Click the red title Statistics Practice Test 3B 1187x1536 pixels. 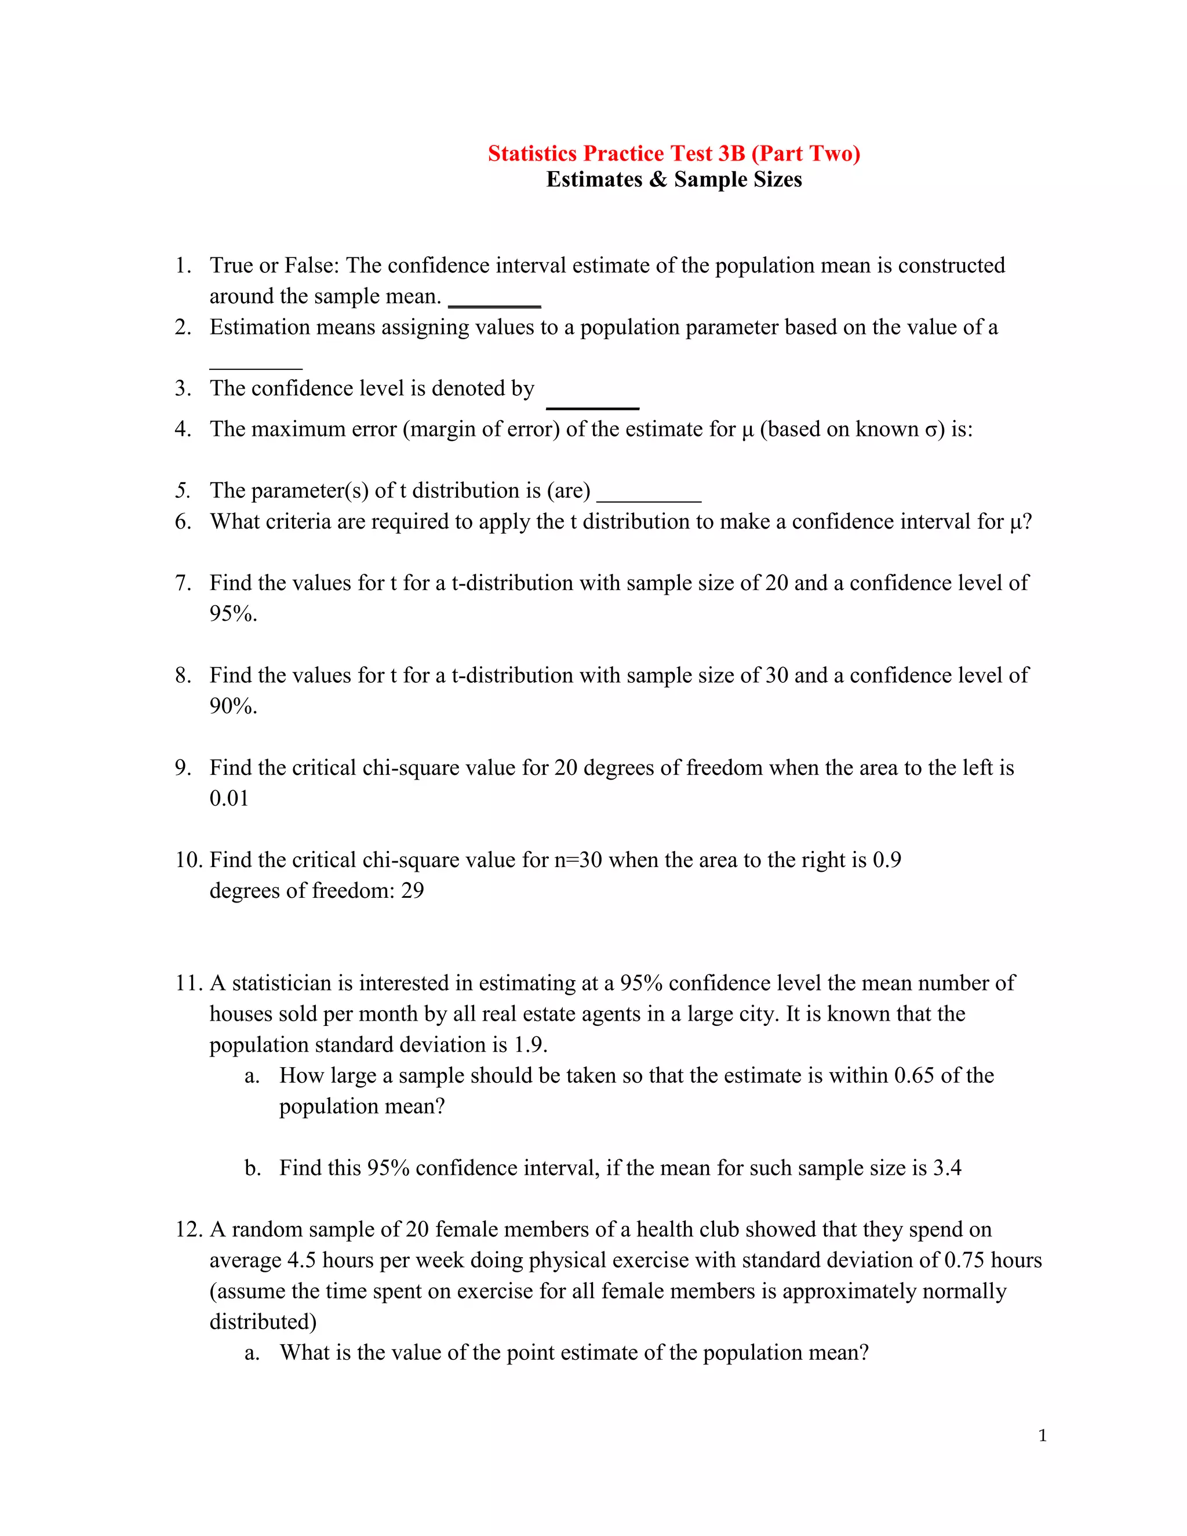673,154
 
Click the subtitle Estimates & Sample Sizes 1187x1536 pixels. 673,179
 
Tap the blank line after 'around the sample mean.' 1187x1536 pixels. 494,304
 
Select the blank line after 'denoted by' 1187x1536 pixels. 592,406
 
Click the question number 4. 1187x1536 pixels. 182,429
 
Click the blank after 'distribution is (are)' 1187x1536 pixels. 649,498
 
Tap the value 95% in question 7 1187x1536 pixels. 233,614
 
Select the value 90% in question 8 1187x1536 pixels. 233,706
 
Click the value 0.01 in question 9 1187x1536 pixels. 230,798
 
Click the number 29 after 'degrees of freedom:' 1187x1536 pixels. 413,891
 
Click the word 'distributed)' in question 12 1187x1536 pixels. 263,1322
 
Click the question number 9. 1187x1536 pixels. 182,768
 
